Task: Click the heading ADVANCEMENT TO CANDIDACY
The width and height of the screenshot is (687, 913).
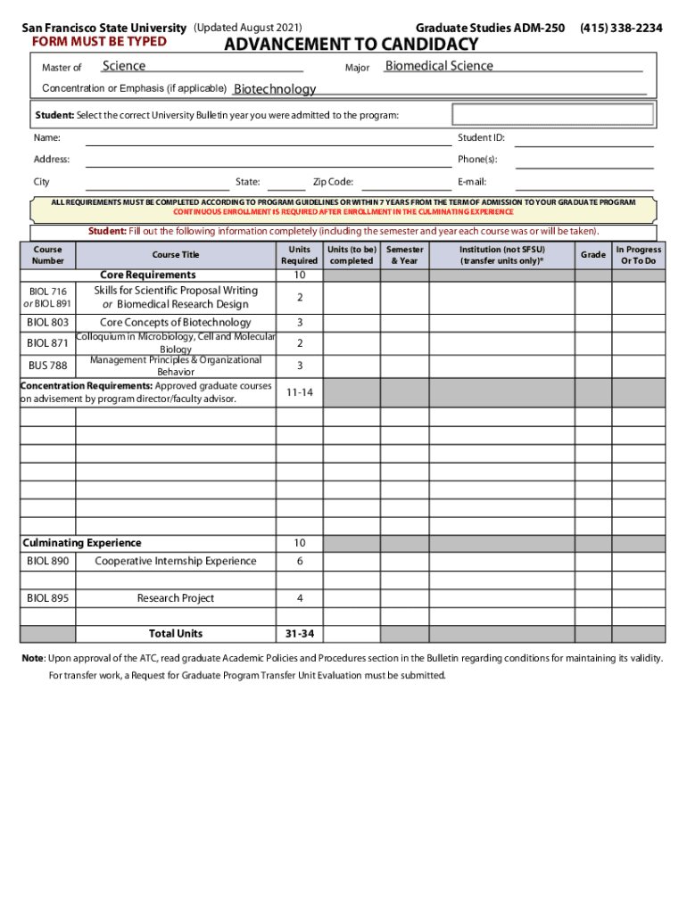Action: [x=351, y=45]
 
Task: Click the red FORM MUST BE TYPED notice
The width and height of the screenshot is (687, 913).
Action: [x=99, y=42]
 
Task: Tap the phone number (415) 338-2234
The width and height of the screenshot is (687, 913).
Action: [x=621, y=29]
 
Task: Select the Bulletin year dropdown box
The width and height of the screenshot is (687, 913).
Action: [x=552, y=115]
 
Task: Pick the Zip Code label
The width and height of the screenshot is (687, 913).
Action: [x=333, y=182]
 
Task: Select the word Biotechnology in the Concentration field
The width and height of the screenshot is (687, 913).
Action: [x=275, y=89]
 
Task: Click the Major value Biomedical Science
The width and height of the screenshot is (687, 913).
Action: [x=439, y=66]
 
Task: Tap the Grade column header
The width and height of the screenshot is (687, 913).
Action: [x=592, y=255]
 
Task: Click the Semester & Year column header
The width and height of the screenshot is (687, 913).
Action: [x=404, y=255]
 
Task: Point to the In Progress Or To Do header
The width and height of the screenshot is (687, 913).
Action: [x=638, y=255]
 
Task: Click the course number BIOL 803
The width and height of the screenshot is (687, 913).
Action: [x=47, y=322]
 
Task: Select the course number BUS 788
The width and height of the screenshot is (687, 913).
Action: [x=47, y=366]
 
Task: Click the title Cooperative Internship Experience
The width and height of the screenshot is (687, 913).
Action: [x=176, y=561]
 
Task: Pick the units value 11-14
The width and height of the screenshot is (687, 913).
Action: [x=299, y=392]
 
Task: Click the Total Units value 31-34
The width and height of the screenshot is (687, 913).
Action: [x=299, y=633]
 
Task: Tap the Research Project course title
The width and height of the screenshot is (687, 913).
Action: [x=176, y=598]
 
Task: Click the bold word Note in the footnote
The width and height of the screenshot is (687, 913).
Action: [x=33, y=658]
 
